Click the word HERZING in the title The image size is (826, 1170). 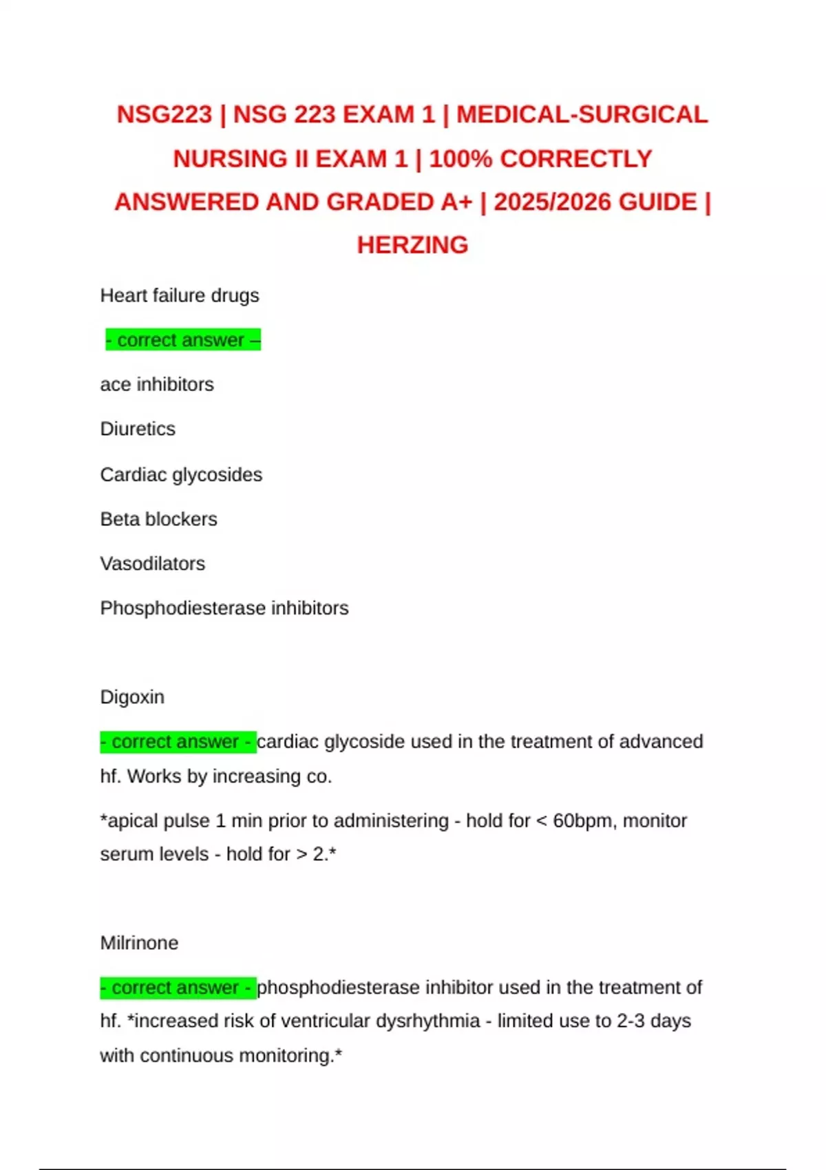point(412,245)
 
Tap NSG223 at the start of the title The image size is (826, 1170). point(164,114)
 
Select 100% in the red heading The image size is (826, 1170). point(460,159)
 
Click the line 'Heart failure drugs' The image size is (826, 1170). point(180,296)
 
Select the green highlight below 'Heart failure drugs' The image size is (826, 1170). point(183,340)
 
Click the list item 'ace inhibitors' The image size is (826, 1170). point(157,385)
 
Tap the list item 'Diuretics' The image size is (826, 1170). point(138,429)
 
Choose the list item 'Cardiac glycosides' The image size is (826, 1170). point(181,475)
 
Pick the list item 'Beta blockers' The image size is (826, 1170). point(158,520)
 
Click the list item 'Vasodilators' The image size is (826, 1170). point(152,564)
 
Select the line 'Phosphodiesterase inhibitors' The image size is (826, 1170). point(224,608)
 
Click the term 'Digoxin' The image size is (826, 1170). point(132,697)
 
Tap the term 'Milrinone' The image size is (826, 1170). point(139,943)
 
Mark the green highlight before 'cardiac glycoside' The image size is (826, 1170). point(178,742)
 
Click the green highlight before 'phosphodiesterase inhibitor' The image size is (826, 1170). point(178,988)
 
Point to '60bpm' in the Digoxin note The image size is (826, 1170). point(580,821)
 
